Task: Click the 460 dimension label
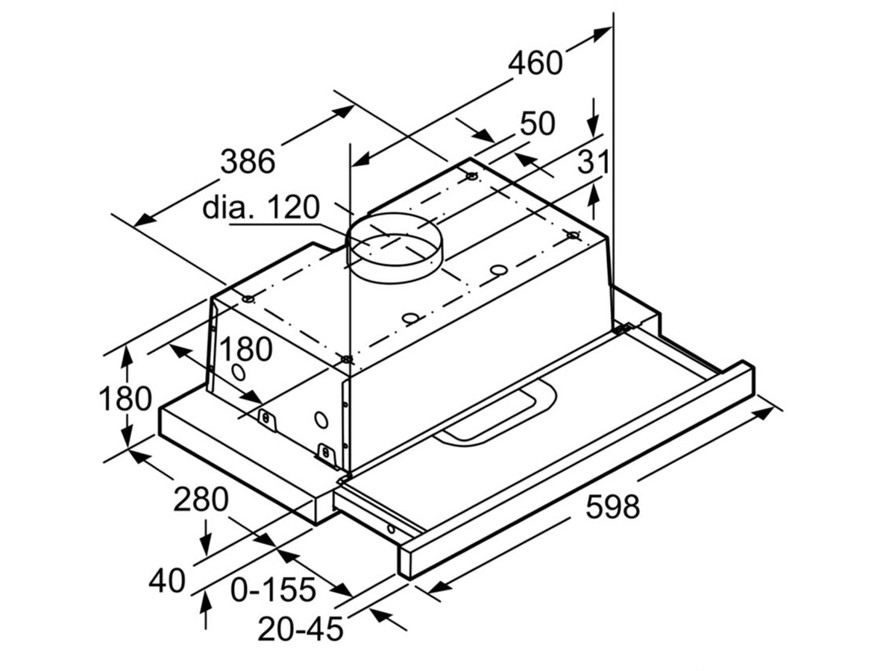pos(535,63)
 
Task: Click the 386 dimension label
pos(248,161)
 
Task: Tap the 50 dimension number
pos(538,124)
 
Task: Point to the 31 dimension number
pos(594,162)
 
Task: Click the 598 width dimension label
pos(612,508)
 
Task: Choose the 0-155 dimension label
pos(273,590)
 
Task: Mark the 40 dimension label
pos(166,581)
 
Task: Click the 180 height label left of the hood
pos(125,400)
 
